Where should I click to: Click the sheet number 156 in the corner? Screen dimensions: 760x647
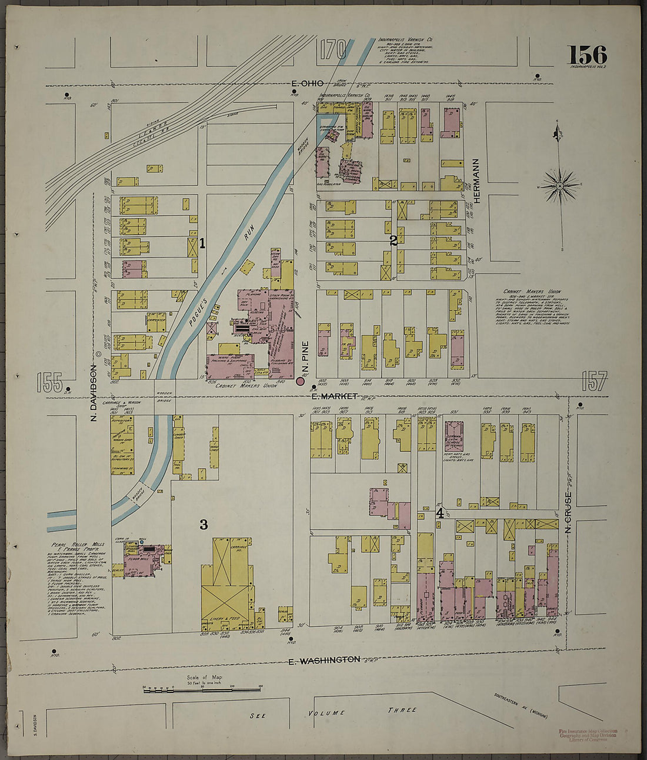(586, 55)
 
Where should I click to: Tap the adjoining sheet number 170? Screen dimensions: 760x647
(335, 51)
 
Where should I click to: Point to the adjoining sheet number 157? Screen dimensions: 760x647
(593, 381)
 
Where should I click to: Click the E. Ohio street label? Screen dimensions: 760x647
(307, 85)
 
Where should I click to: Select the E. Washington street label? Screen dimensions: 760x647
(324, 660)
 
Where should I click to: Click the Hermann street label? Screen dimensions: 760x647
(477, 181)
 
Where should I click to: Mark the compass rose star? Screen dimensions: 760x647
(560, 186)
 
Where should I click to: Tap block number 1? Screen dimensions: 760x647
(202, 242)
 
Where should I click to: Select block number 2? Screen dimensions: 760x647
(393, 240)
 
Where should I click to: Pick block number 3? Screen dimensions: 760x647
(204, 525)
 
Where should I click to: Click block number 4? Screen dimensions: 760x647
(439, 513)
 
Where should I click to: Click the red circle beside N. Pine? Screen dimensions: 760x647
(300, 382)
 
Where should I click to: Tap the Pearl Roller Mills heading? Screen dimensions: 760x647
(72, 545)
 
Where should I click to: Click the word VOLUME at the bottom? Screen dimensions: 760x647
(327, 712)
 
